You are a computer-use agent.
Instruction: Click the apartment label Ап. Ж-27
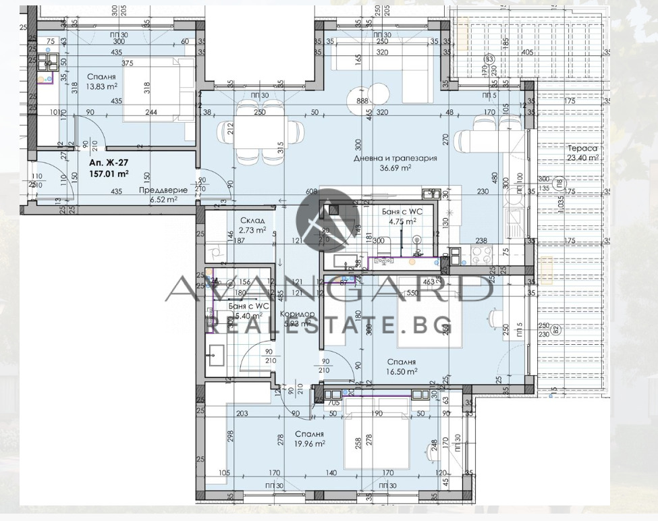click(108, 163)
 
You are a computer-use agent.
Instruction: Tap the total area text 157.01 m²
click(109, 173)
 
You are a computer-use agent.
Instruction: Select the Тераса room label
click(584, 148)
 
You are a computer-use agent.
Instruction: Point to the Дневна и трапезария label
click(395, 158)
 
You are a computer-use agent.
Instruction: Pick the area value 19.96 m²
click(310, 443)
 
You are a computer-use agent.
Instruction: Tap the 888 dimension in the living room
click(362, 101)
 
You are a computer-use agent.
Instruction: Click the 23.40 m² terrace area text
click(584, 158)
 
